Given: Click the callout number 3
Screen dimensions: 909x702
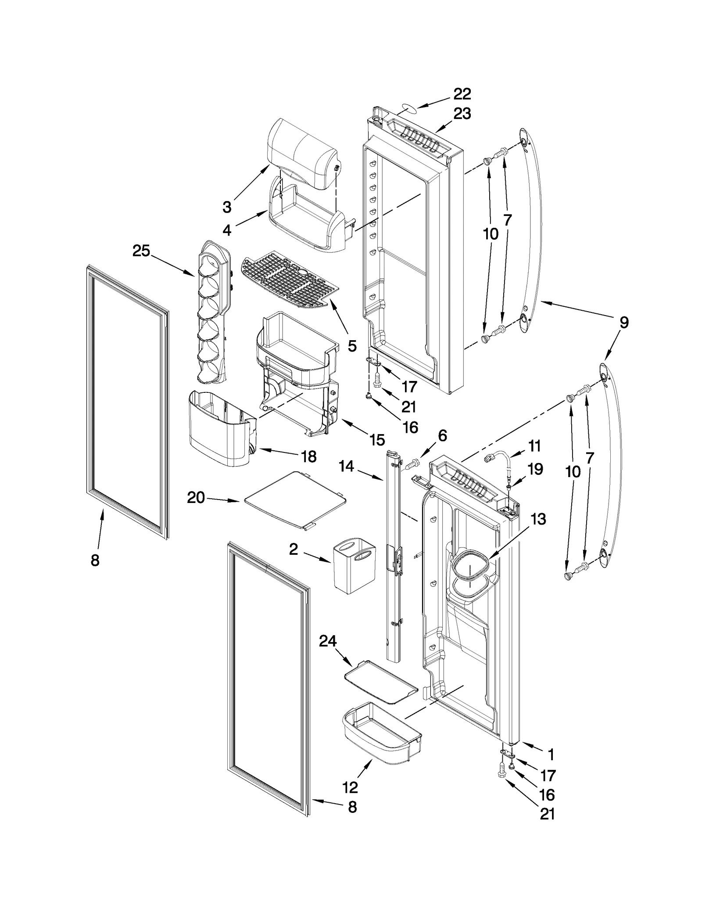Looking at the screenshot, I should [227, 207].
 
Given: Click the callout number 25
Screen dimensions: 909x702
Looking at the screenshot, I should [141, 251].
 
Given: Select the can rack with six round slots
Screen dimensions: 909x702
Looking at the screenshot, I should [214, 311].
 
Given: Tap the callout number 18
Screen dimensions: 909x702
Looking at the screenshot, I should [309, 456].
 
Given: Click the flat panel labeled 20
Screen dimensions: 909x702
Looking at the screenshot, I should [295, 500].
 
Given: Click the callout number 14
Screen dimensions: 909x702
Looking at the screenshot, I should [346, 466].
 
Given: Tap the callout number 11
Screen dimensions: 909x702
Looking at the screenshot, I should [534, 446].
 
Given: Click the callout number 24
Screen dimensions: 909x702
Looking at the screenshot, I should [327, 641].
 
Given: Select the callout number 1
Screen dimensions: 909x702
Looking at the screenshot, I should [551, 755].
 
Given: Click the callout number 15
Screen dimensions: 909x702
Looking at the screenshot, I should [377, 439].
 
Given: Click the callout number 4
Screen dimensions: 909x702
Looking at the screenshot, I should [227, 230].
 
